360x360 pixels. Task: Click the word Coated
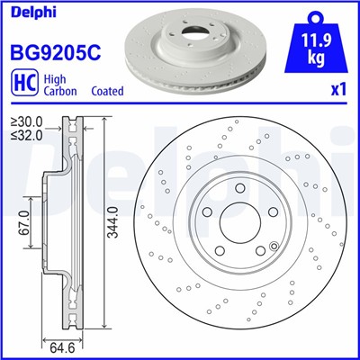pyautogui.click(x=108, y=92)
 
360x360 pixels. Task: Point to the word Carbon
pyautogui.click(x=63, y=92)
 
